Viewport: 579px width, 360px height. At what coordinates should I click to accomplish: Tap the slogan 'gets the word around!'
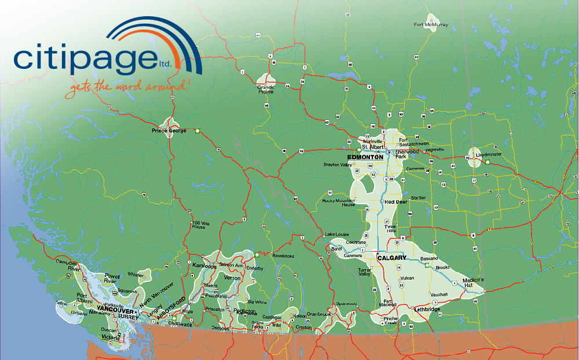127,87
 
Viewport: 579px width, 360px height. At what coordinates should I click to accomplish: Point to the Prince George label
169,131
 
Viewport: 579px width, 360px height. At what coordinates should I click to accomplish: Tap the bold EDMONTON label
365,157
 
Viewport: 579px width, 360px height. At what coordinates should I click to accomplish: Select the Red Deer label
395,202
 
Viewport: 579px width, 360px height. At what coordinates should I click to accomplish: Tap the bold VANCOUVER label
116,310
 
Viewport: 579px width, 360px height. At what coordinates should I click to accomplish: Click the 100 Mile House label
198,225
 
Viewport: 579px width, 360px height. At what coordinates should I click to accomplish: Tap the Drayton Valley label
338,165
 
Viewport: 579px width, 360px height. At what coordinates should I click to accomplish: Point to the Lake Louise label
338,234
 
